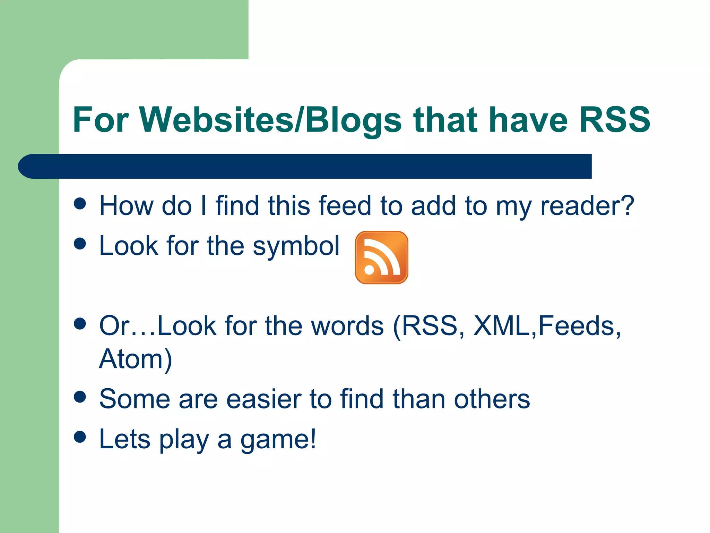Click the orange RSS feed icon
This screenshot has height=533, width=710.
pyautogui.click(x=381, y=257)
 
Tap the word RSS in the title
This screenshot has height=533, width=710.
pyautogui.click(x=615, y=120)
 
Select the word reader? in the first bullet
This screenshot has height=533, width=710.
pyautogui.click(x=587, y=206)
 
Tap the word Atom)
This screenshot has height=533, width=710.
pyautogui.click(x=136, y=359)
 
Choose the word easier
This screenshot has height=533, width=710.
pyautogui.click(x=264, y=399)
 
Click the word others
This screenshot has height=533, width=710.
pyautogui.click(x=492, y=399)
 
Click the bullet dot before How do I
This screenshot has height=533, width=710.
pyautogui.click(x=80, y=204)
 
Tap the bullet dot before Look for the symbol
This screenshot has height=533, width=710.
pyautogui.click(x=80, y=244)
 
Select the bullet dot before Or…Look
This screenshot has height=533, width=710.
pyautogui.click(x=80, y=324)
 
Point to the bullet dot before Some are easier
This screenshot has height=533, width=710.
pyautogui.click(x=80, y=397)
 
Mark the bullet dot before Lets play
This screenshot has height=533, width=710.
pyautogui.click(x=80, y=437)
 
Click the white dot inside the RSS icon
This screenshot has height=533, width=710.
pyautogui.click(x=369, y=270)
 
